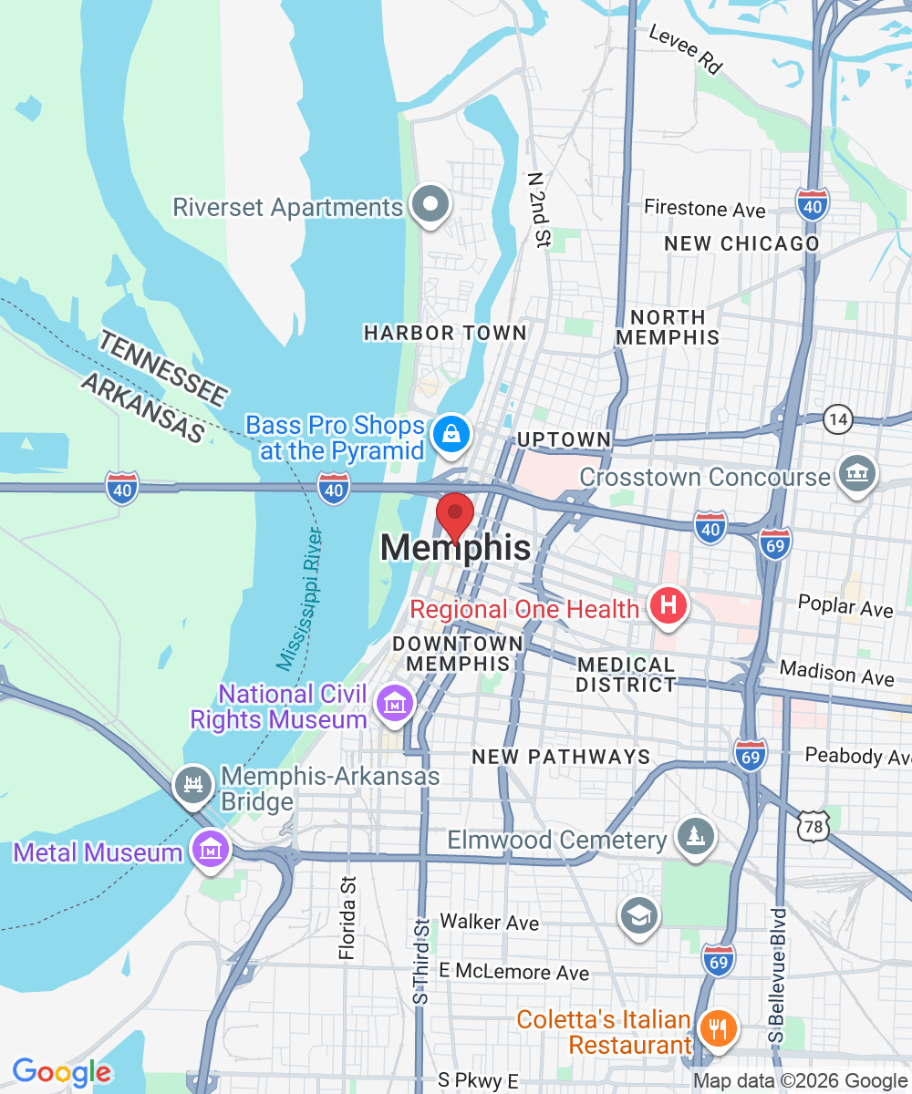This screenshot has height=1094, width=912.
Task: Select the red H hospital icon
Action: pos(668,605)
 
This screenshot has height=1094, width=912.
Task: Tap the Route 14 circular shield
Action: pos(837,419)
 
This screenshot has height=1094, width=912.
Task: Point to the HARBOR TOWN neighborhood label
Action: pos(445,334)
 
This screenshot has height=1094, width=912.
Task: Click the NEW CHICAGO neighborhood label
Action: pos(741,244)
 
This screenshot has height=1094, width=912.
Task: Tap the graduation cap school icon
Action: pos(638,915)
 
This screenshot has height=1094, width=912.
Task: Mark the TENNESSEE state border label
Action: pos(162,368)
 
